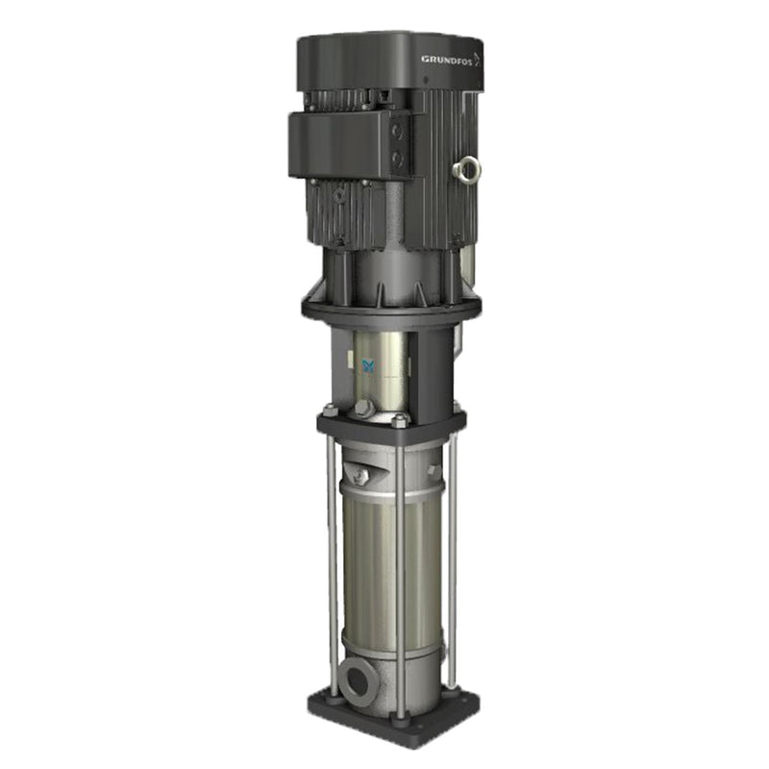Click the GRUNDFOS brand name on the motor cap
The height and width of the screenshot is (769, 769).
[446, 59]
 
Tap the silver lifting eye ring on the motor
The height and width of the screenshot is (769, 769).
[469, 170]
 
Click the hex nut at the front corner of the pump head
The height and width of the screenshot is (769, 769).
[400, 421]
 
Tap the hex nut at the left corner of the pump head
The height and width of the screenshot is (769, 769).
[330, 410]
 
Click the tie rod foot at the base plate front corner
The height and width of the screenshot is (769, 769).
[401, 716]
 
